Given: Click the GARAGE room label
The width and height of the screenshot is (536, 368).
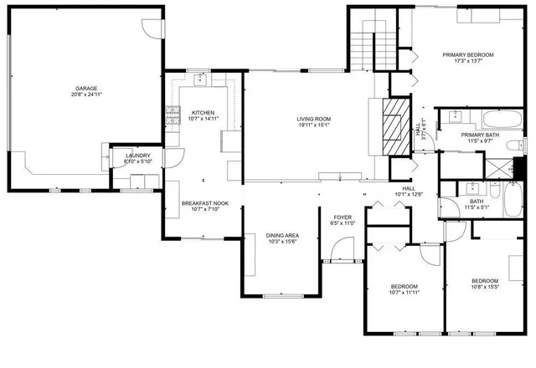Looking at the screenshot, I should (x=85, y=88).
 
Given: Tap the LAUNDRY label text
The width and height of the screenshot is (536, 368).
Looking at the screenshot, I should (x=137, y=156).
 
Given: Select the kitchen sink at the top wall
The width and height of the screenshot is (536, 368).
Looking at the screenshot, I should (x=201, y=79).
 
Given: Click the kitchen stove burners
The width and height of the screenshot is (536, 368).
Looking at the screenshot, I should (x=173, y=113).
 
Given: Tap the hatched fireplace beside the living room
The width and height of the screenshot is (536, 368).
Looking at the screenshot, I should (x=394, y=130).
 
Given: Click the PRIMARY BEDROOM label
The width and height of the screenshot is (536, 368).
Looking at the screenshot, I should (x=468, y=55).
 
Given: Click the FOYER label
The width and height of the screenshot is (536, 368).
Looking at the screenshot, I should (x=344, y=218).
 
